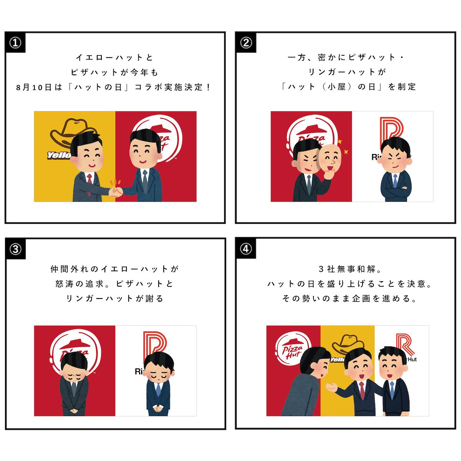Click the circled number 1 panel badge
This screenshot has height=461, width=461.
click(x=15, y=43)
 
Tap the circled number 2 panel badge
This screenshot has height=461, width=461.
click(x=246, y=43)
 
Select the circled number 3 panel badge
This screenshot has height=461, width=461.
click(x=15, y=249)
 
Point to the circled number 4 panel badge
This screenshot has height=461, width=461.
click(x=246, y=249)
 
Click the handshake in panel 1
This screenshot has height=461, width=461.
click(x=116, y=191)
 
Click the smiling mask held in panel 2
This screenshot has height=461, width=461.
click(x=330, y=158)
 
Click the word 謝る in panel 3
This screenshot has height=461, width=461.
click(x=155, y=298)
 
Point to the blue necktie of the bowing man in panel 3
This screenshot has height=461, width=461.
click(x=158, y=390)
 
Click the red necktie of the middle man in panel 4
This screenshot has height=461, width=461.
click(x=362, y=390)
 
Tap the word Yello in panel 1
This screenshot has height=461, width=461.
click(x=59, y=156)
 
